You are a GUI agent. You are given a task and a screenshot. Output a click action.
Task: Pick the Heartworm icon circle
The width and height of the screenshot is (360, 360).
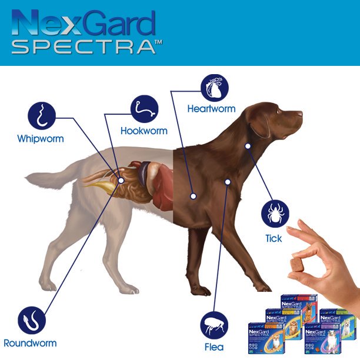tap(215, 88)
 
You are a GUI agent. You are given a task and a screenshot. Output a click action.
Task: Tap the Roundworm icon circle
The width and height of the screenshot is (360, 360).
tap(30, 321)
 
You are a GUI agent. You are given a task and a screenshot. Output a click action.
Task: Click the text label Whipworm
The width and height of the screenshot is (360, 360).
tap(41, 139)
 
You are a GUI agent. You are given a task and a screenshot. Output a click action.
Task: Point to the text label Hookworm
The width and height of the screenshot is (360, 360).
tap(144, 131)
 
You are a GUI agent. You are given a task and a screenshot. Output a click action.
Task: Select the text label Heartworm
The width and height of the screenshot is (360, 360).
tap(211, 109)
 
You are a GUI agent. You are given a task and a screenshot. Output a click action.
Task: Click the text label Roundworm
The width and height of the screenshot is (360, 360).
tap(30, 343)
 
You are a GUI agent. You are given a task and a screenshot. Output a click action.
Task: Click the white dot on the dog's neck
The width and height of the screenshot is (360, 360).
tap(248, 145)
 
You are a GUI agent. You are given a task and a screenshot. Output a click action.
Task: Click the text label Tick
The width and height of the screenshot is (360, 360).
tap(274, 238)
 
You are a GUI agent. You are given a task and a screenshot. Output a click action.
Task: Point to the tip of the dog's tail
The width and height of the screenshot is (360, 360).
tap(27, 176)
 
